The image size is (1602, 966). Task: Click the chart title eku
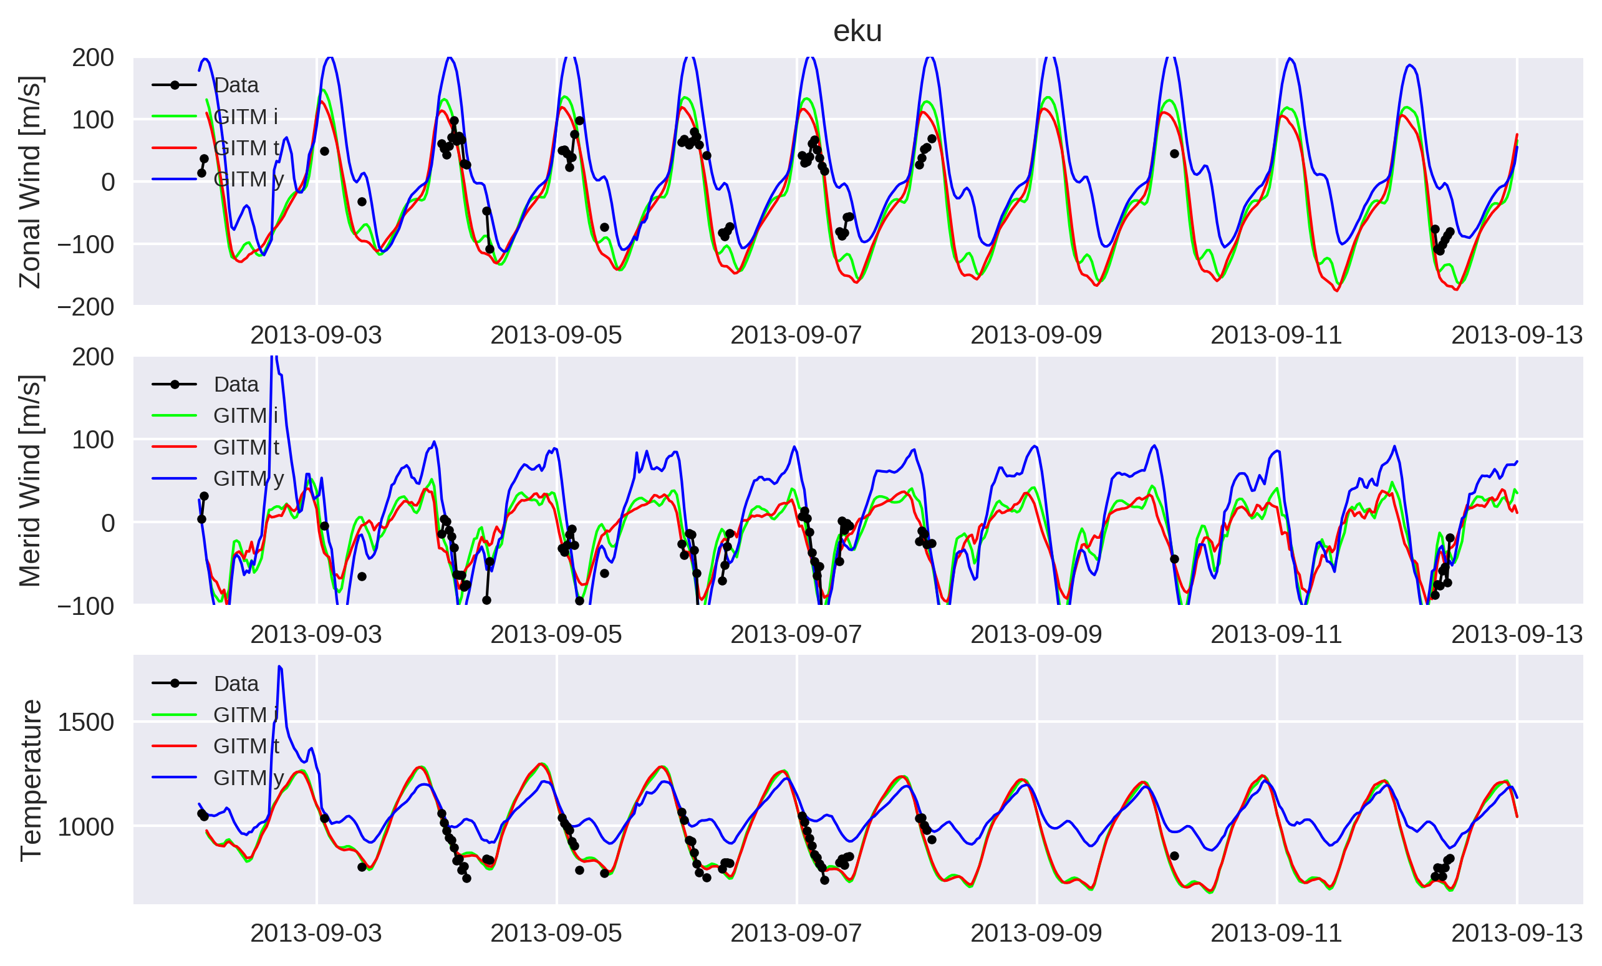[857, 31]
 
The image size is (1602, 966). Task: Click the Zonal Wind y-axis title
[30, 182]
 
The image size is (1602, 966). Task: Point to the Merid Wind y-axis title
[30, 481]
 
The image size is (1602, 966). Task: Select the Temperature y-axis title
[30, 780]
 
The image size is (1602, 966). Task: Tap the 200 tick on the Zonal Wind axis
[93, 58]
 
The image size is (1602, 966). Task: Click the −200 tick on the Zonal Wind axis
[86, 307]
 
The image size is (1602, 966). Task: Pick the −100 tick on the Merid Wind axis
[86, 606]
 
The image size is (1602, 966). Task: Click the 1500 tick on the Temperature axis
[86, 722]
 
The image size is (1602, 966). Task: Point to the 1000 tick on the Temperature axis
[86, 827]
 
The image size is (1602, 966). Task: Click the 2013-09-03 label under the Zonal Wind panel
[316, 336]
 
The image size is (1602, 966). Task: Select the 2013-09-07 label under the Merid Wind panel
[796, 634]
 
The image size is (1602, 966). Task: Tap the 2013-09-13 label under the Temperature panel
[1517, 934]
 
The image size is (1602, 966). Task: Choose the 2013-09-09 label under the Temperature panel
[1036, 934]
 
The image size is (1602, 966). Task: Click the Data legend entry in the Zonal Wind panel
[205, 85]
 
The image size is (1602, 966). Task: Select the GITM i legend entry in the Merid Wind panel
[215, 415]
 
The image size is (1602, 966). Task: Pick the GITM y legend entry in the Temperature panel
[218, 778]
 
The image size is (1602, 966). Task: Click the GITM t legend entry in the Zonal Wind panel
[216, 148]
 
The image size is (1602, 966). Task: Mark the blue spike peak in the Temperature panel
[279, 666]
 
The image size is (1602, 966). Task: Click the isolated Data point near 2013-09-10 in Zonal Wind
[1174, 154]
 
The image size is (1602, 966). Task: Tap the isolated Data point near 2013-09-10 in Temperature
[1174, 856]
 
